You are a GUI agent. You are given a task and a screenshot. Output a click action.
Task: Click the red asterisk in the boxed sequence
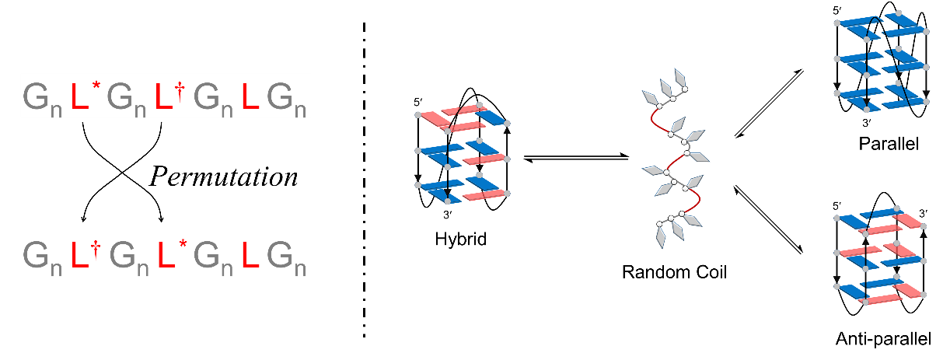[x=96, y=84]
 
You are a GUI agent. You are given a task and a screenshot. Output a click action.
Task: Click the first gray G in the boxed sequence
[x=36, y=97]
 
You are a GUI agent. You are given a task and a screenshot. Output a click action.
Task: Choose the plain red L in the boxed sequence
[x=250, y=97]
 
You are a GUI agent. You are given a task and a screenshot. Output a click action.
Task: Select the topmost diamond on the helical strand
[x=680, y=77]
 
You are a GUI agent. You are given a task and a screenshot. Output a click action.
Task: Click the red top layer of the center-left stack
[x=463, y=118]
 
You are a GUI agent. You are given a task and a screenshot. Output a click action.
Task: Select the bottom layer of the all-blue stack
[x=881, y=98]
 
